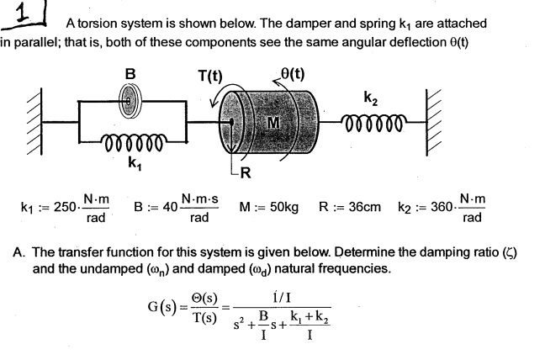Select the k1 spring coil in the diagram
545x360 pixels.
point(130,138)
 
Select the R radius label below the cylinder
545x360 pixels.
point(246,174)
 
